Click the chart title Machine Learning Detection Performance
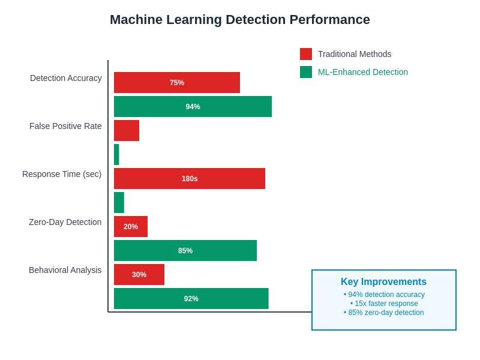tap(240, 20)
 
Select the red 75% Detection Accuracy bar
tap(177, 83)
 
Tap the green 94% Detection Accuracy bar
tap(193, 107)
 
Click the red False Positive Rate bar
tap(127, 131)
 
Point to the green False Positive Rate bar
tap(116, 155)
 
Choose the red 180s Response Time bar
tap(190, 179)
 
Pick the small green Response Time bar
tap(119, 203)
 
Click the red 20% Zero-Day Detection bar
tap(131, 227)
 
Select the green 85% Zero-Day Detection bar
tap(185, 251)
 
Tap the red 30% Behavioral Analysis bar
tap(139, 275)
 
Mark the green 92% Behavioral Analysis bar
tap(191, 299)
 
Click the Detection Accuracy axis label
tap(66, 78)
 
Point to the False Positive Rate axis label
tap(65, 126)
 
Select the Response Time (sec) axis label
tap(62, 174)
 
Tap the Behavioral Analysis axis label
tap(65, 270)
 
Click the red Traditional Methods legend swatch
tap(306, 54)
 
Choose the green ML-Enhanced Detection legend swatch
tap(306, 72)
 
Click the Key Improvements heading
tap(384, 282)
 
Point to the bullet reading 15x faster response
tap(384, 304)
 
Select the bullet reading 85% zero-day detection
tap(384, 313)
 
